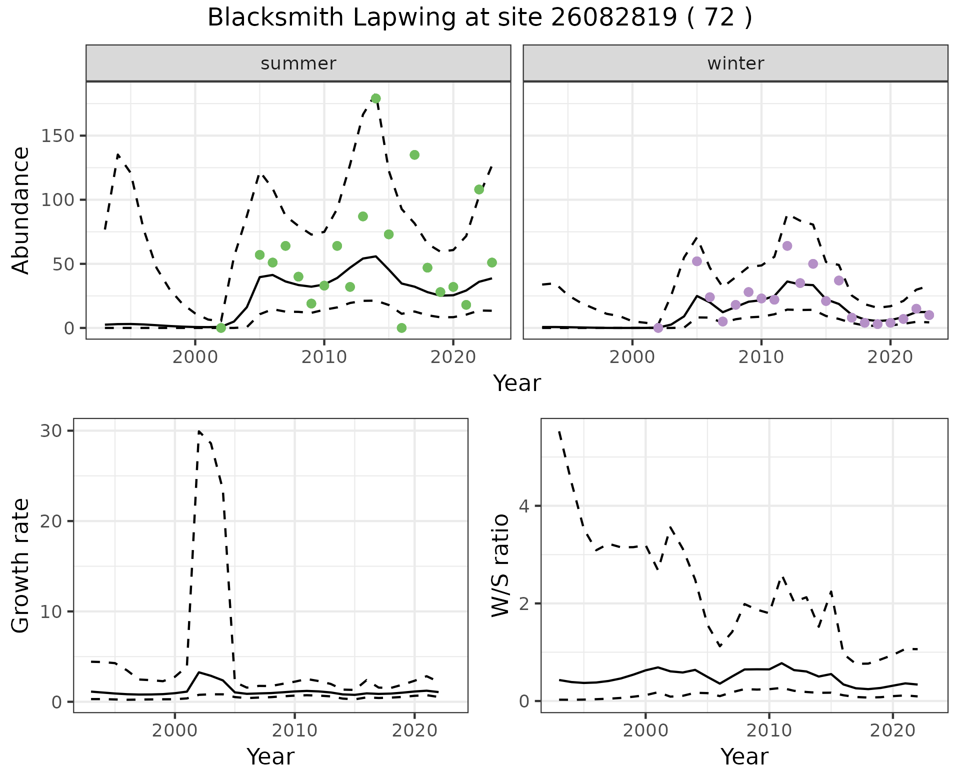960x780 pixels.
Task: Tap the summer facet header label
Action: tap(298, 63)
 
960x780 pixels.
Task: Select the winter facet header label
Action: tap(735, 63)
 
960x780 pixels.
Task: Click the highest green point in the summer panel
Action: tap(376, 98)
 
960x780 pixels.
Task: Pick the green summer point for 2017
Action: tap(414, 155)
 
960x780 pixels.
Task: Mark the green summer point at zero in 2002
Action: tap(221, 328)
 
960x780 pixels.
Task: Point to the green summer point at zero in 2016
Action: tap(401, 328)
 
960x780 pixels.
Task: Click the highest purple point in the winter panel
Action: tap(787, 246)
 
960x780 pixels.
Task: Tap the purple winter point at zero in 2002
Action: tap(658, 328)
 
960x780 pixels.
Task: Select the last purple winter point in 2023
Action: tap(929, 315)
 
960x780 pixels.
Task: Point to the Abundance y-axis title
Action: tap(21, 210)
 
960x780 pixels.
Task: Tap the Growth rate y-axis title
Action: tap(21, 565)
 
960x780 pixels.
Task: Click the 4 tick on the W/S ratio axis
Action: tap(524, 505)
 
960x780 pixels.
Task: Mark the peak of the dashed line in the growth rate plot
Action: tap(199, 431)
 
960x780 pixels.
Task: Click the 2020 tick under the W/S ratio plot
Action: tap(893, 731)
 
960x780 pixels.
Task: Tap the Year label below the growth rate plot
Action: tap(270, 757)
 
